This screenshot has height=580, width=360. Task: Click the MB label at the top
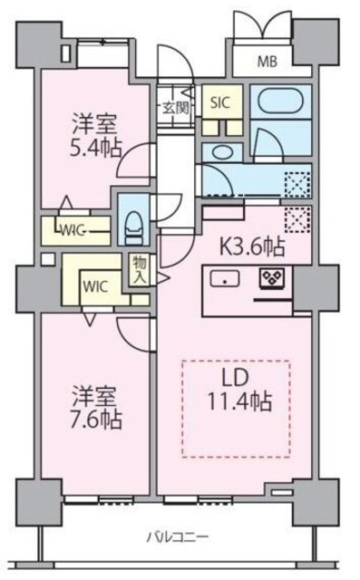pyautogui.click(x=267, y=63)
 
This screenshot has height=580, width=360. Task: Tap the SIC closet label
pyautogui.click(x=220, y=102)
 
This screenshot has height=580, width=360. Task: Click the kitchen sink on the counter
pyautogui.click(x=222, y=279)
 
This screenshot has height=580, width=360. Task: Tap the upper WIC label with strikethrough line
pyautogui.click(x=74, y=228)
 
